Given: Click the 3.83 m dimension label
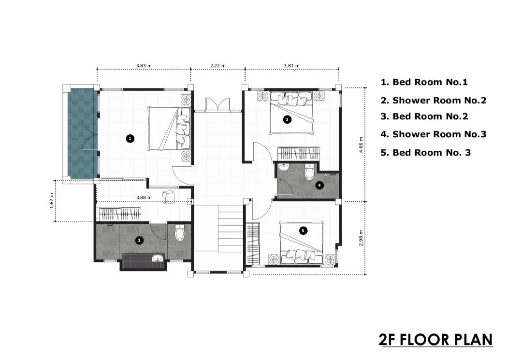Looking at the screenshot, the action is pyautogui.click(x=144, y=66).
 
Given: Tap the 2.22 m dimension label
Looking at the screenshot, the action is pyautogui.click(x=217, y=66).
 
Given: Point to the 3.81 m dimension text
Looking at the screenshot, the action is pyautogui.click(x=291, y=66).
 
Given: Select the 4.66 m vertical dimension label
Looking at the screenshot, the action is pyautogui.click(x=361, y=145).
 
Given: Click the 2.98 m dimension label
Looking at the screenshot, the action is pyautogui.click(x=361, y=238).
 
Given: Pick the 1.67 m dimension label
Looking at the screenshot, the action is pyautogui.click(x=52, y=201).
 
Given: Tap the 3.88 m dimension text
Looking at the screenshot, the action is pyautogui.click(x=144, y=198).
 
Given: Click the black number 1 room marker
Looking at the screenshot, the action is pyautogui.click(x=130, y=138).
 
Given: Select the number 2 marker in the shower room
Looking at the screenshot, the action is pyautogui.click(x=139, y=240).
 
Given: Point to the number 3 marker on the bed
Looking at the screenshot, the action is pyautogui.click(x=287, y=119).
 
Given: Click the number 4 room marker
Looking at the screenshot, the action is pyautogui.click(x=319, y=186).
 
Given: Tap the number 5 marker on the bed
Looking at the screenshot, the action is pyautogui.click(x=303, y=230).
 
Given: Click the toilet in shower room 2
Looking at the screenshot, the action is pyautogui.click(x=180, y=232).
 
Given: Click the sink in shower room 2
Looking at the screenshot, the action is pyautogui.click(x=158, y=258).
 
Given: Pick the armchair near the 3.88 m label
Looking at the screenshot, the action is pyautogui.click(x=169, y=196).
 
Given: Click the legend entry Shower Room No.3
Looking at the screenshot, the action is pyautogui.click(x=434, y=134).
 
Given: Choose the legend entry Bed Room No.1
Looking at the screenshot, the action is pyautogui.click(x=424, y=82).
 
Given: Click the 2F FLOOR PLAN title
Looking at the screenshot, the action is pyautogui.click(x=436, y=340).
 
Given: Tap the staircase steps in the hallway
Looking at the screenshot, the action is pyautogui.click(x=231, y=229).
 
